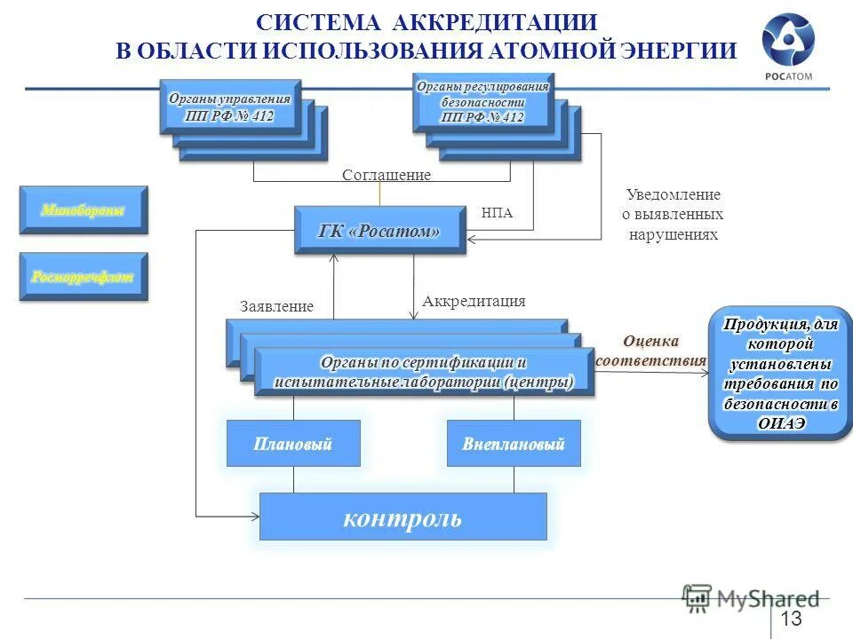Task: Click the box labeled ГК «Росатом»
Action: [380, 231]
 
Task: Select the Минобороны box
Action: [84, 210]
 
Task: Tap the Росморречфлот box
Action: [84, 277]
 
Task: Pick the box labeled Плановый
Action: [293, 444]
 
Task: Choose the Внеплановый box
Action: [514, 444]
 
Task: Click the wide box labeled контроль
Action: [403, 517]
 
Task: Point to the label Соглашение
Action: [387, 176]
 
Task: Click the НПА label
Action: [497, 214]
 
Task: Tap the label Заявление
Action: [276, 307]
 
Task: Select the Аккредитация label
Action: [474, 302]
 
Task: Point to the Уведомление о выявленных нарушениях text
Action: [674, 216]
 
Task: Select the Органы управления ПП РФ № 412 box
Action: [230, 106]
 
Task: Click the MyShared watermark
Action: [752, 598]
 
